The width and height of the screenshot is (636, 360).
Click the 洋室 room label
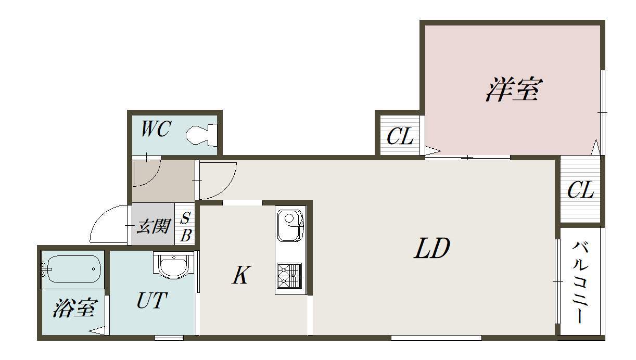(x=514, y=89)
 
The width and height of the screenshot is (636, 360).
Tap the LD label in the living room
(x=432, y=248)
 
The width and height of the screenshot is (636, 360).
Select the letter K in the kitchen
(x=241, y=275)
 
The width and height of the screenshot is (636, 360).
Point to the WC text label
(x=156, y=128)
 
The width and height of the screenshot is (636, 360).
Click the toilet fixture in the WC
(x=201, y=135)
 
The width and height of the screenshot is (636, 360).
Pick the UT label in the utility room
(x=152, y=300)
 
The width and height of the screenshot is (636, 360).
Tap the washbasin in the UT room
(x=173, y=265)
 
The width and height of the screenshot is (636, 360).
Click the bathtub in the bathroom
(x=73, y=269)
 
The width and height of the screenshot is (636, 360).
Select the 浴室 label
(x=76, y=308)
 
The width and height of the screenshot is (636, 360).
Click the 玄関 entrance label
(x=154, y=226)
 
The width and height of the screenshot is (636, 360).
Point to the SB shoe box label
(x=186, y=227)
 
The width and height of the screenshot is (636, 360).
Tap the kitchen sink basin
(x=290, y=225)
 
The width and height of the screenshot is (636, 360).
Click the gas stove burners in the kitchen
(x=289, y=276)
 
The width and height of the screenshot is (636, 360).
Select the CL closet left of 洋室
(x=400, y=136)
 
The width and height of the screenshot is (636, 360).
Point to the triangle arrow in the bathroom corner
(x=97, y=331)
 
